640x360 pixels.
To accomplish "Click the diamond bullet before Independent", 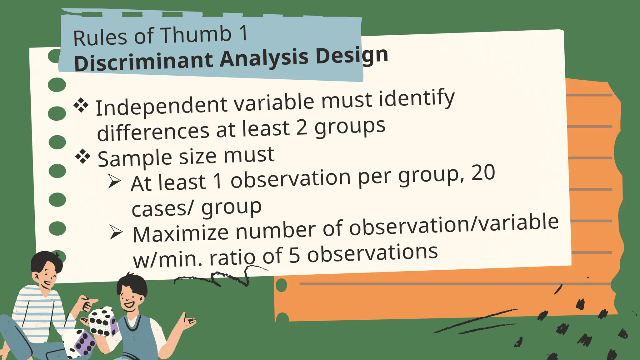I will [x=81, y=105].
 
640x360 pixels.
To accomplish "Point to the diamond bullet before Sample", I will [x=83, y=156].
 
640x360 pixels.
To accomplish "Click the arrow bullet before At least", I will [x=114, y=181].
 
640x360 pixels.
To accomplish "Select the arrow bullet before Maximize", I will [x=116, y=233].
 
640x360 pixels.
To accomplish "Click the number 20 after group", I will [x=483, y=173].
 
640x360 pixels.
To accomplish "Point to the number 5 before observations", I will [x=294, y=255].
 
